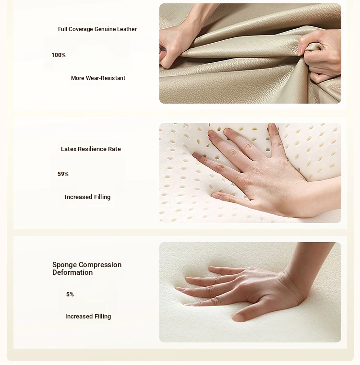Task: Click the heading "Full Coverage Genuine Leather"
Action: click(x=97, y=29)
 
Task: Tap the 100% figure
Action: click(x=59, y=55)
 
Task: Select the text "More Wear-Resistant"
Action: click(x=98, y=78)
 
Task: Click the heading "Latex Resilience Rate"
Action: click(x=91, y=149)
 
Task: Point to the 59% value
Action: click(x=63, y=174)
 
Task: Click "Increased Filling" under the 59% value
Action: click(x=88, y=197)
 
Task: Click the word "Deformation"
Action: click(x=72, y=272)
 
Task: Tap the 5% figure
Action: click(x=70, y=294)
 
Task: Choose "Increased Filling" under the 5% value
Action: click(x=88, y=317)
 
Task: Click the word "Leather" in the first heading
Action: click(x=127, y=29)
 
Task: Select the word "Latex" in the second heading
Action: click(x=69, y=149)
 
